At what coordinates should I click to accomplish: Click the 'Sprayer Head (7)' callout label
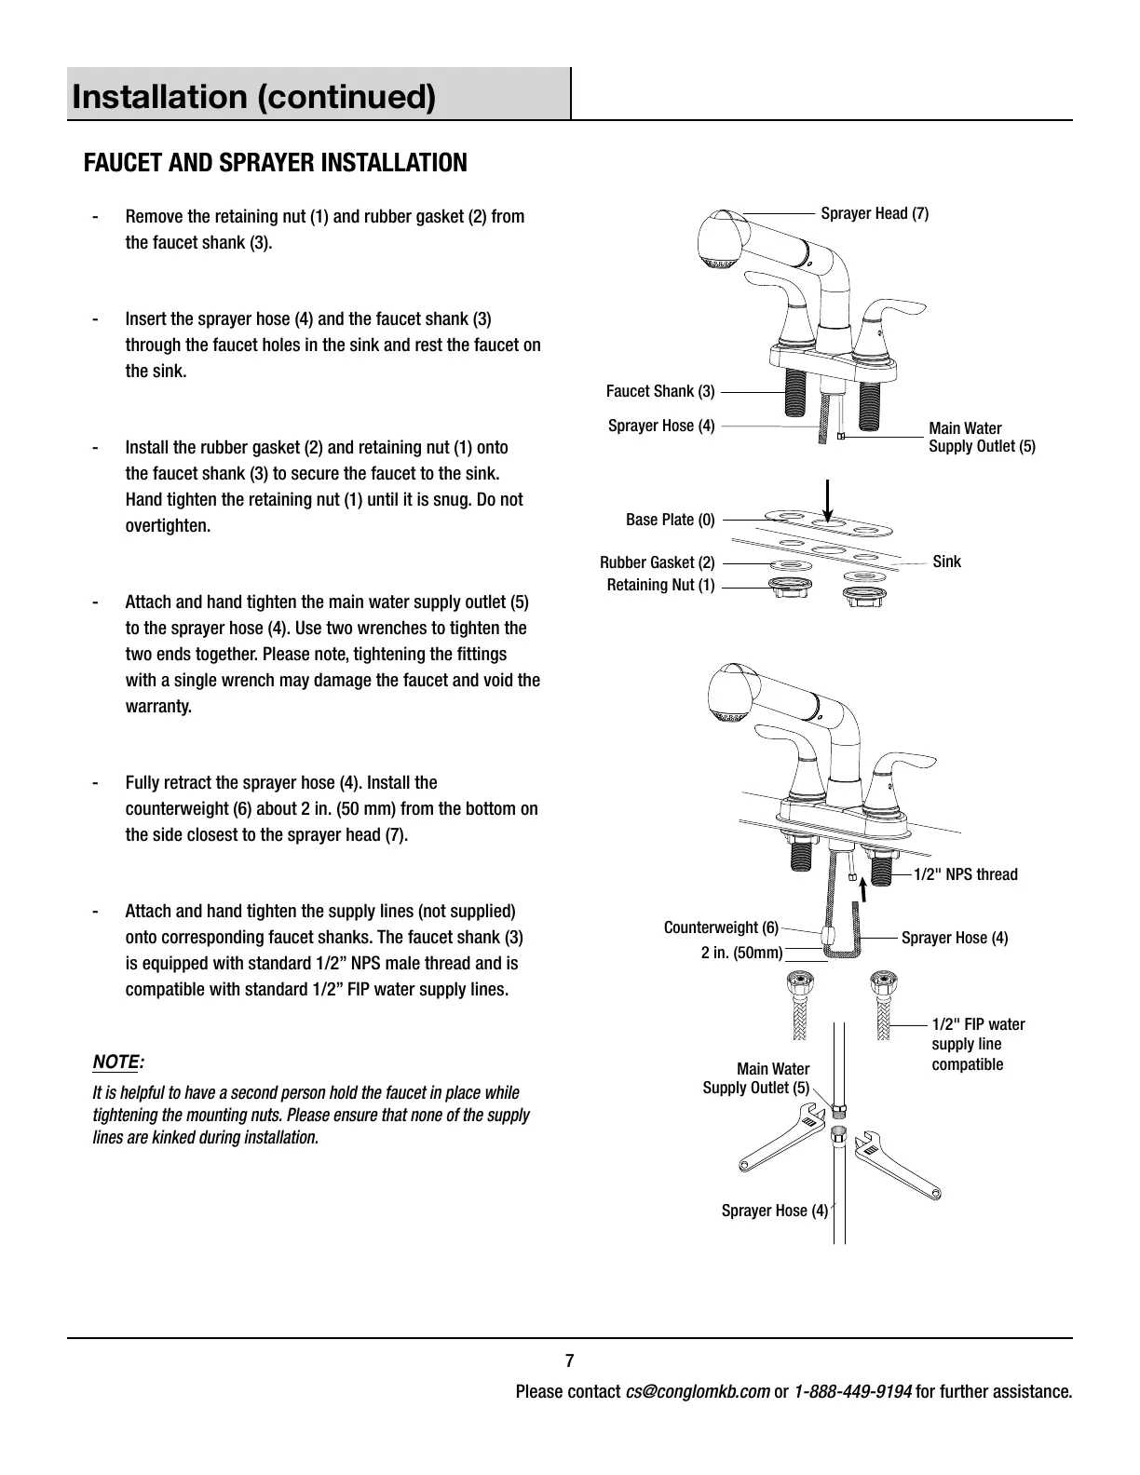pos(874,214)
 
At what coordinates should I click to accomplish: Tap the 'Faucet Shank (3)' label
pos(660,391)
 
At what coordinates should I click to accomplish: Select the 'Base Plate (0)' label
pos(670,520)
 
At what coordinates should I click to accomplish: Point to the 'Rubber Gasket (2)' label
pos(657,562)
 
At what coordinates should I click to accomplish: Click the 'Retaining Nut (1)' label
pos(660,585)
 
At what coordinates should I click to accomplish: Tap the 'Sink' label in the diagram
pos(946,562)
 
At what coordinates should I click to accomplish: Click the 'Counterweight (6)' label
pos(721,927)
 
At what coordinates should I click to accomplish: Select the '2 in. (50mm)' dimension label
pos(741,953)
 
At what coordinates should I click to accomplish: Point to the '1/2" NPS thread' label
pos(965,874)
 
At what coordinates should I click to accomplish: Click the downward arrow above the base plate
pos(828,504)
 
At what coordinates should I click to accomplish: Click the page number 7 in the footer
pos(569,1360)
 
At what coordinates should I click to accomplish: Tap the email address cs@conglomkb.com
pos(698,1392)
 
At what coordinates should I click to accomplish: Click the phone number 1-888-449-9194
pos(852,1392)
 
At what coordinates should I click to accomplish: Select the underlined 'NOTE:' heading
pos(118,1062)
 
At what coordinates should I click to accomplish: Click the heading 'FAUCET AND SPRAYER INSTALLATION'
pos(276,163)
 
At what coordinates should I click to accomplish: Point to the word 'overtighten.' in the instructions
pos(169,526)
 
